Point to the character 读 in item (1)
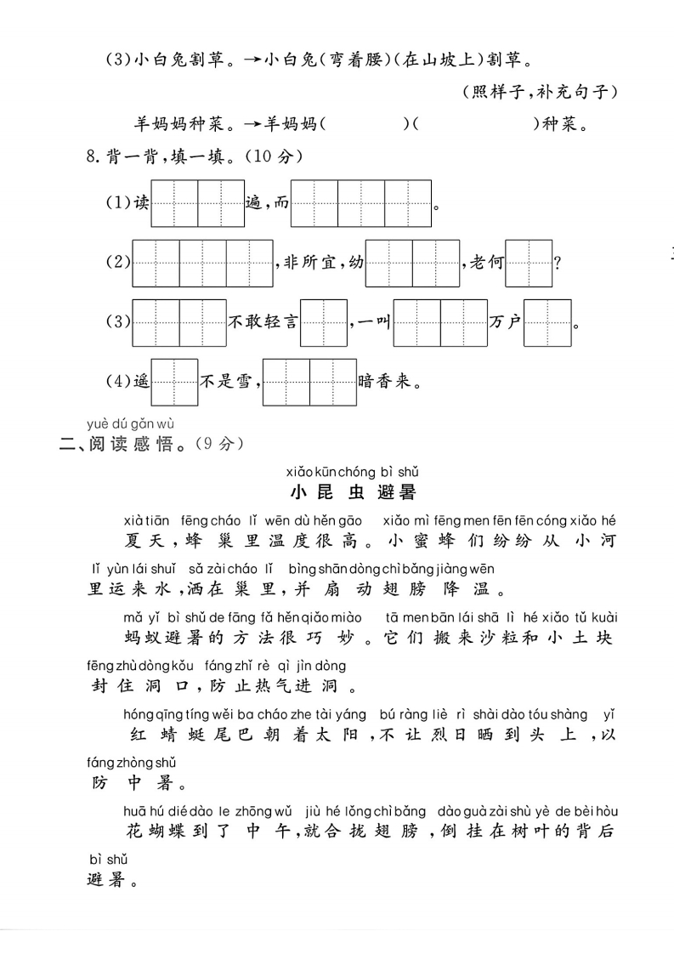click(x=141, y=204)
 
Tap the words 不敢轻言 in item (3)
click(x=263, y=322)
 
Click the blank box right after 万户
click(x=547, y=322)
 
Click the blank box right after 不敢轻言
click(x=325, y=322)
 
